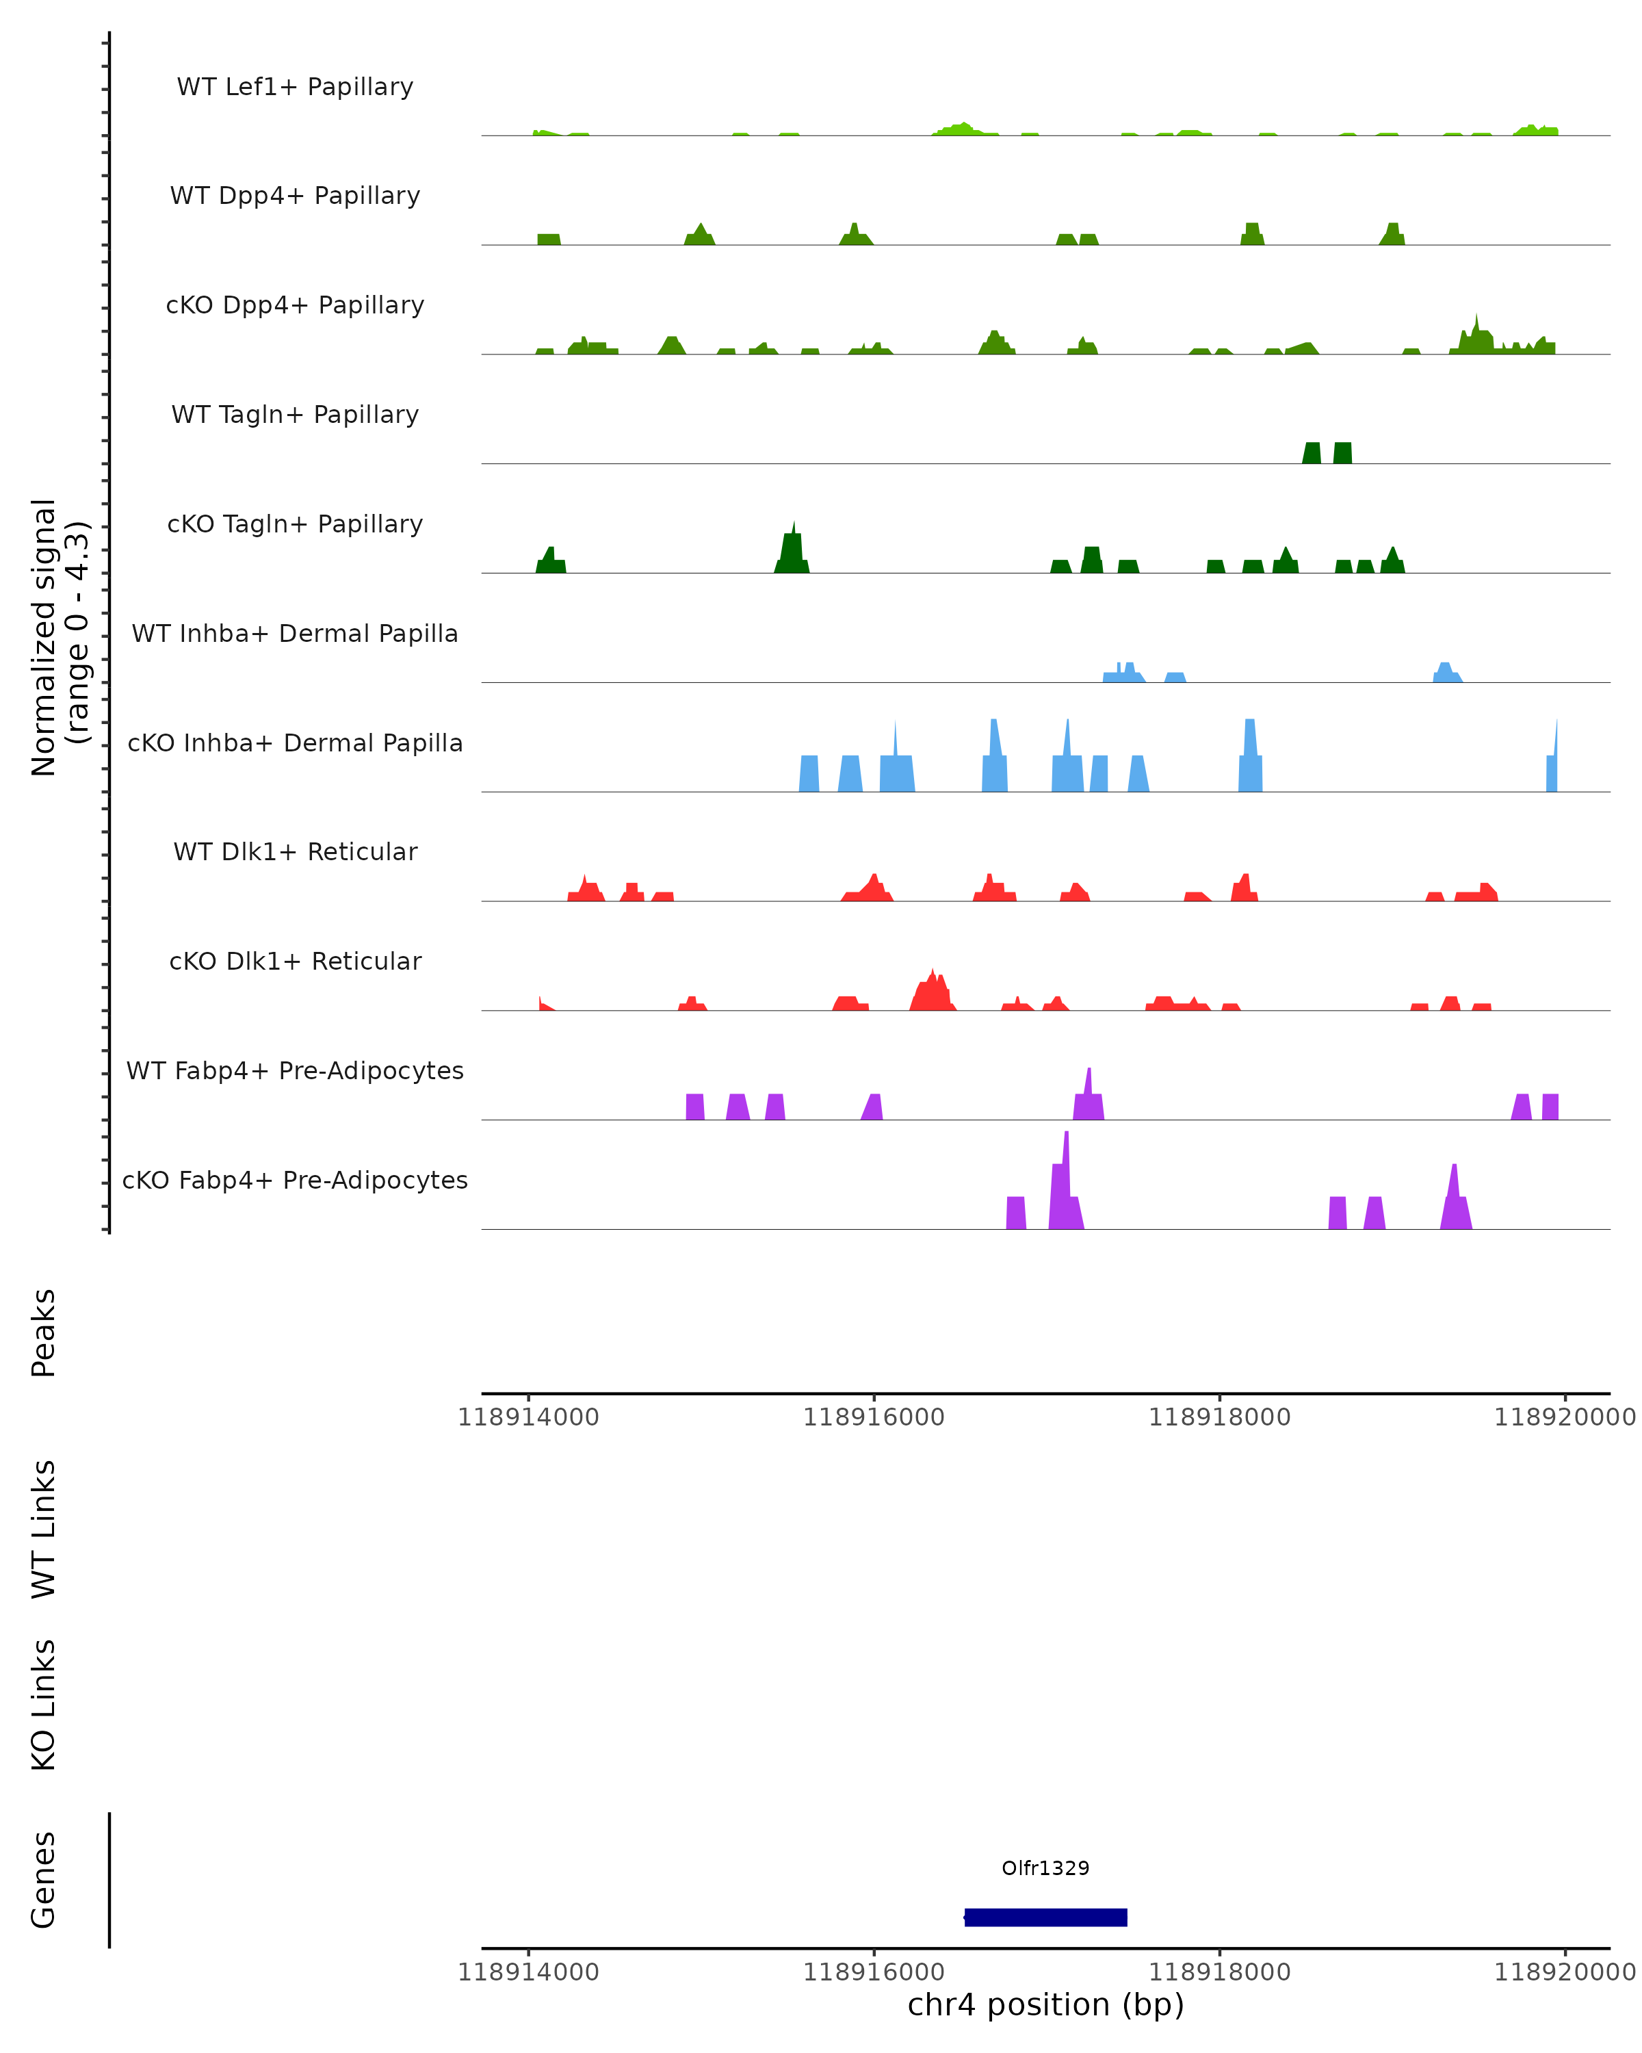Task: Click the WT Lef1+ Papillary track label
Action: (x=295, y=87)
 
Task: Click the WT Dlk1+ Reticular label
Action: (x=295, y=851)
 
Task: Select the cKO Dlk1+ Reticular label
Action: (x=295, y=961)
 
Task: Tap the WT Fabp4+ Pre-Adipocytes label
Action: (x=295, y=1070)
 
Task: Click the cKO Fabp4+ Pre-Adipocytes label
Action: (x=295, y=1180)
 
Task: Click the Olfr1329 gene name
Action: (x=1045, y=1868)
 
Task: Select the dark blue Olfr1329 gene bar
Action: (x=1045, y=1918)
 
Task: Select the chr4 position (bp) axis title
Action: (x=1045, y=2004)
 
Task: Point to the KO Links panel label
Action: (x=44, y=1705)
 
